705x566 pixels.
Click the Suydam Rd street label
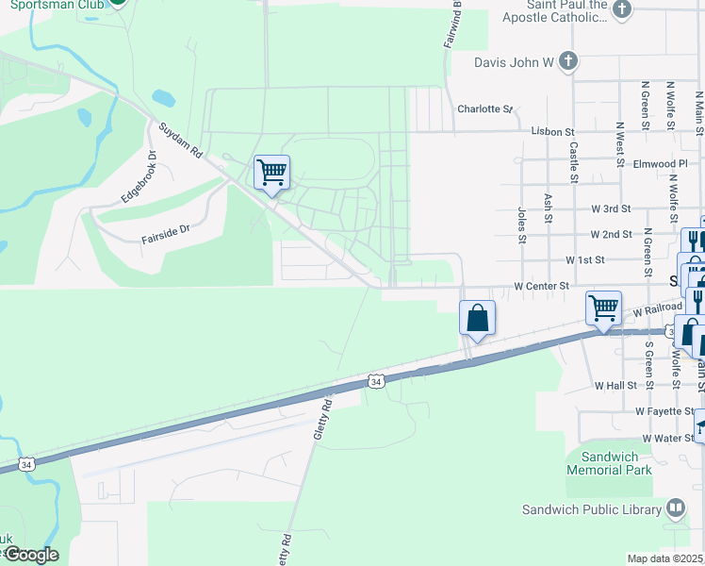[181, 140]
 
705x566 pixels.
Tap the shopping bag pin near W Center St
[478, 318]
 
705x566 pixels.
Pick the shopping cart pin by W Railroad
[603, 308]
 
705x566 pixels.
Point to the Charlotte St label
[484, 108]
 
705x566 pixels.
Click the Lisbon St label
[552, 132]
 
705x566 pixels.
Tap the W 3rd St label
[611, 208]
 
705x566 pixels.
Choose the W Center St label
[542, 285]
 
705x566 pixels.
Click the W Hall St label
[616, 386]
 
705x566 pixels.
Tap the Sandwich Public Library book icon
[675, 509]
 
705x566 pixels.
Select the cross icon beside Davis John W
[567, 62]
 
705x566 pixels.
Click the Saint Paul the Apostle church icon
[621, 9]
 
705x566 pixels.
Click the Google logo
[31, 555]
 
